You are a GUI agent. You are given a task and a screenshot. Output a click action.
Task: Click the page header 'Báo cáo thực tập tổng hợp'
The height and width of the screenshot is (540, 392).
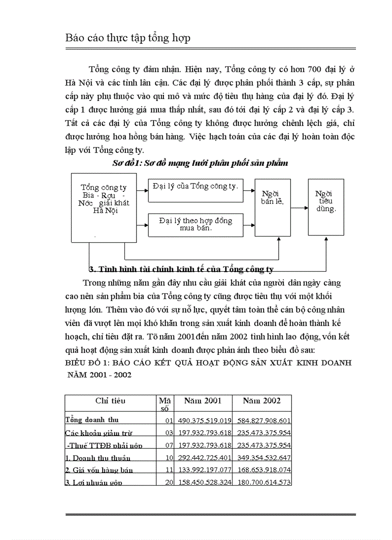click(128, 38)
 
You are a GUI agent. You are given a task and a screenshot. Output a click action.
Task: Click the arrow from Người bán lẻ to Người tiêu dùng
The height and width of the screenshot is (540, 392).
click(299, 208)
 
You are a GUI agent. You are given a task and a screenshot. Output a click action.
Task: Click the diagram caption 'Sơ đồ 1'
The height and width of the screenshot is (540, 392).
click(200, 163)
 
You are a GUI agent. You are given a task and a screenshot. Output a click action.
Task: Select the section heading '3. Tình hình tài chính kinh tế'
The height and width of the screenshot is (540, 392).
click(181, 269)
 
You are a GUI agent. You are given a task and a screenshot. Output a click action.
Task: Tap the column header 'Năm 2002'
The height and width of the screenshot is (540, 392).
click(261, 400)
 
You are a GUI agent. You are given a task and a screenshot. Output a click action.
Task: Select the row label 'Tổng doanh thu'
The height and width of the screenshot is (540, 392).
click(92, 420)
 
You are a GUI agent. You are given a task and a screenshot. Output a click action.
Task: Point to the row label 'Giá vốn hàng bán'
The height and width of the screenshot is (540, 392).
click(99, 470)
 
